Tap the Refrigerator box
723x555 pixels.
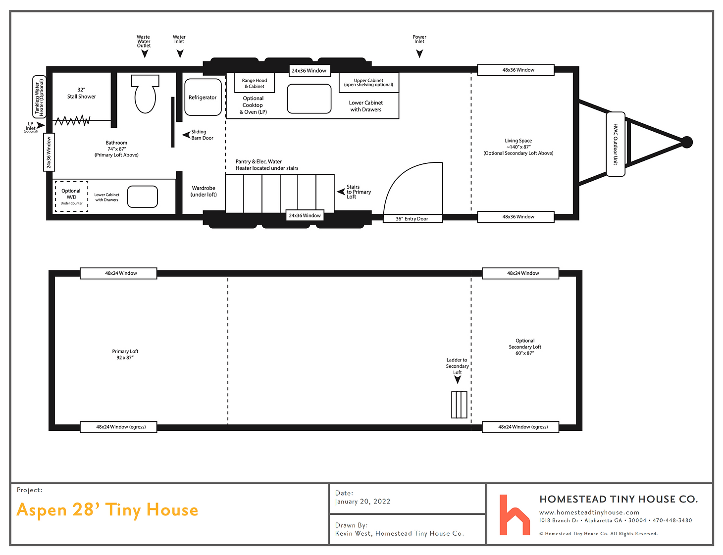click(203, 98)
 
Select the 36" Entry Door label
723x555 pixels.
click(412, 219)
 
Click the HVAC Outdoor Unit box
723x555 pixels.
click(616, 144)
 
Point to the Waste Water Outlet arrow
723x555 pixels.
click(145, 54)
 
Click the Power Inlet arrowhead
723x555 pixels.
click(419, 53)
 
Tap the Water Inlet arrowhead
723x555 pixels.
click(180, 53)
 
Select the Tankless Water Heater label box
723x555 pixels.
click(39, 97)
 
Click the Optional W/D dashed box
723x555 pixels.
click(71, 197)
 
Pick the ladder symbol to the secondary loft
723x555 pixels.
click(459, 404)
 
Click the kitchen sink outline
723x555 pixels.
click(309, 99)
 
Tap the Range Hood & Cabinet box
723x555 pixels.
click(255, 83)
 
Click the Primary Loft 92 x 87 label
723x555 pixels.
click(125, 354)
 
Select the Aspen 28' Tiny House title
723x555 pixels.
click(107, 510)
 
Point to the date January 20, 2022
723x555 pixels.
click(363, 502)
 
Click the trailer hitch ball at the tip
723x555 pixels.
click(686, 142)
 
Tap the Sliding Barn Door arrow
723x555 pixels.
click(186, 135)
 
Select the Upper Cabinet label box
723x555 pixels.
click(368, 83)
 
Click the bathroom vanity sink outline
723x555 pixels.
click(143, 197)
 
